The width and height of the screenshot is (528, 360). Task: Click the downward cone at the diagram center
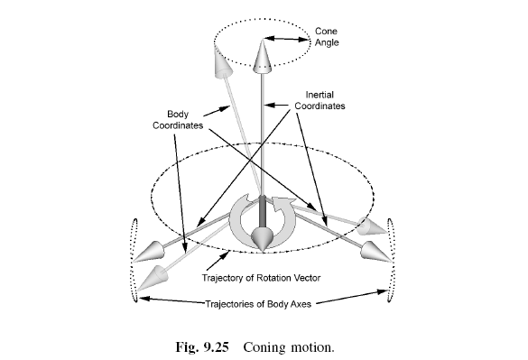[263, 239]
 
